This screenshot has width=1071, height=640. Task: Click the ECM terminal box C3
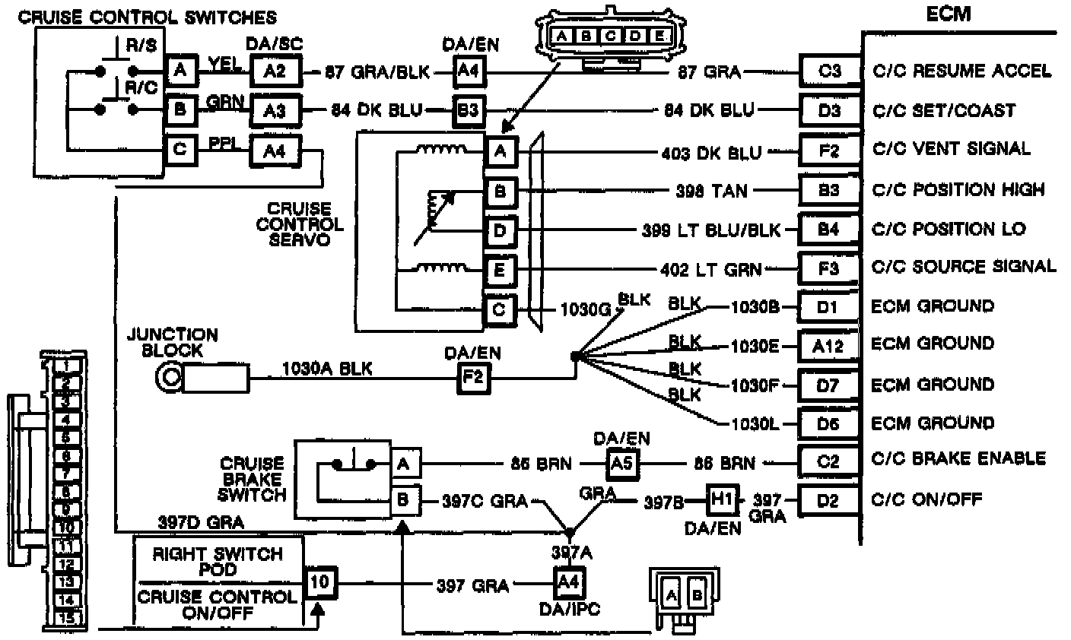click(x=829, y=71)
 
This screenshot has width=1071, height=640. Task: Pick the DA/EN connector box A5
click(x=622, y=463)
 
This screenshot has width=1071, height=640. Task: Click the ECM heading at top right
click(x=949, y=14)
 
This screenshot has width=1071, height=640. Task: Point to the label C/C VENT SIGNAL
click(x=951, y=149)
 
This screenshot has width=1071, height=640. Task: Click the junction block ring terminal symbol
click(x=167, y=376)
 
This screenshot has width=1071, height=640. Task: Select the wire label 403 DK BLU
click(x=711, y=152)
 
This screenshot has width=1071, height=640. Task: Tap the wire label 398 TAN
click(x=712, y=190)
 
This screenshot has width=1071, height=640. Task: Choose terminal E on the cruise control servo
click(x=500, y=269)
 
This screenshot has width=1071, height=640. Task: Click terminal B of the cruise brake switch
click(x=403, y=500)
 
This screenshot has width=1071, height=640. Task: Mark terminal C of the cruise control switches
click(x=180, y=149)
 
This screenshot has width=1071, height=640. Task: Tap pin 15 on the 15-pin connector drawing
click(x=67, y=618)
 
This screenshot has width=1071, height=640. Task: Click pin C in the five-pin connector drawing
click(x=610, y=36)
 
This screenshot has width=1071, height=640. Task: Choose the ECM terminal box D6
click(x=828, y=423)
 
